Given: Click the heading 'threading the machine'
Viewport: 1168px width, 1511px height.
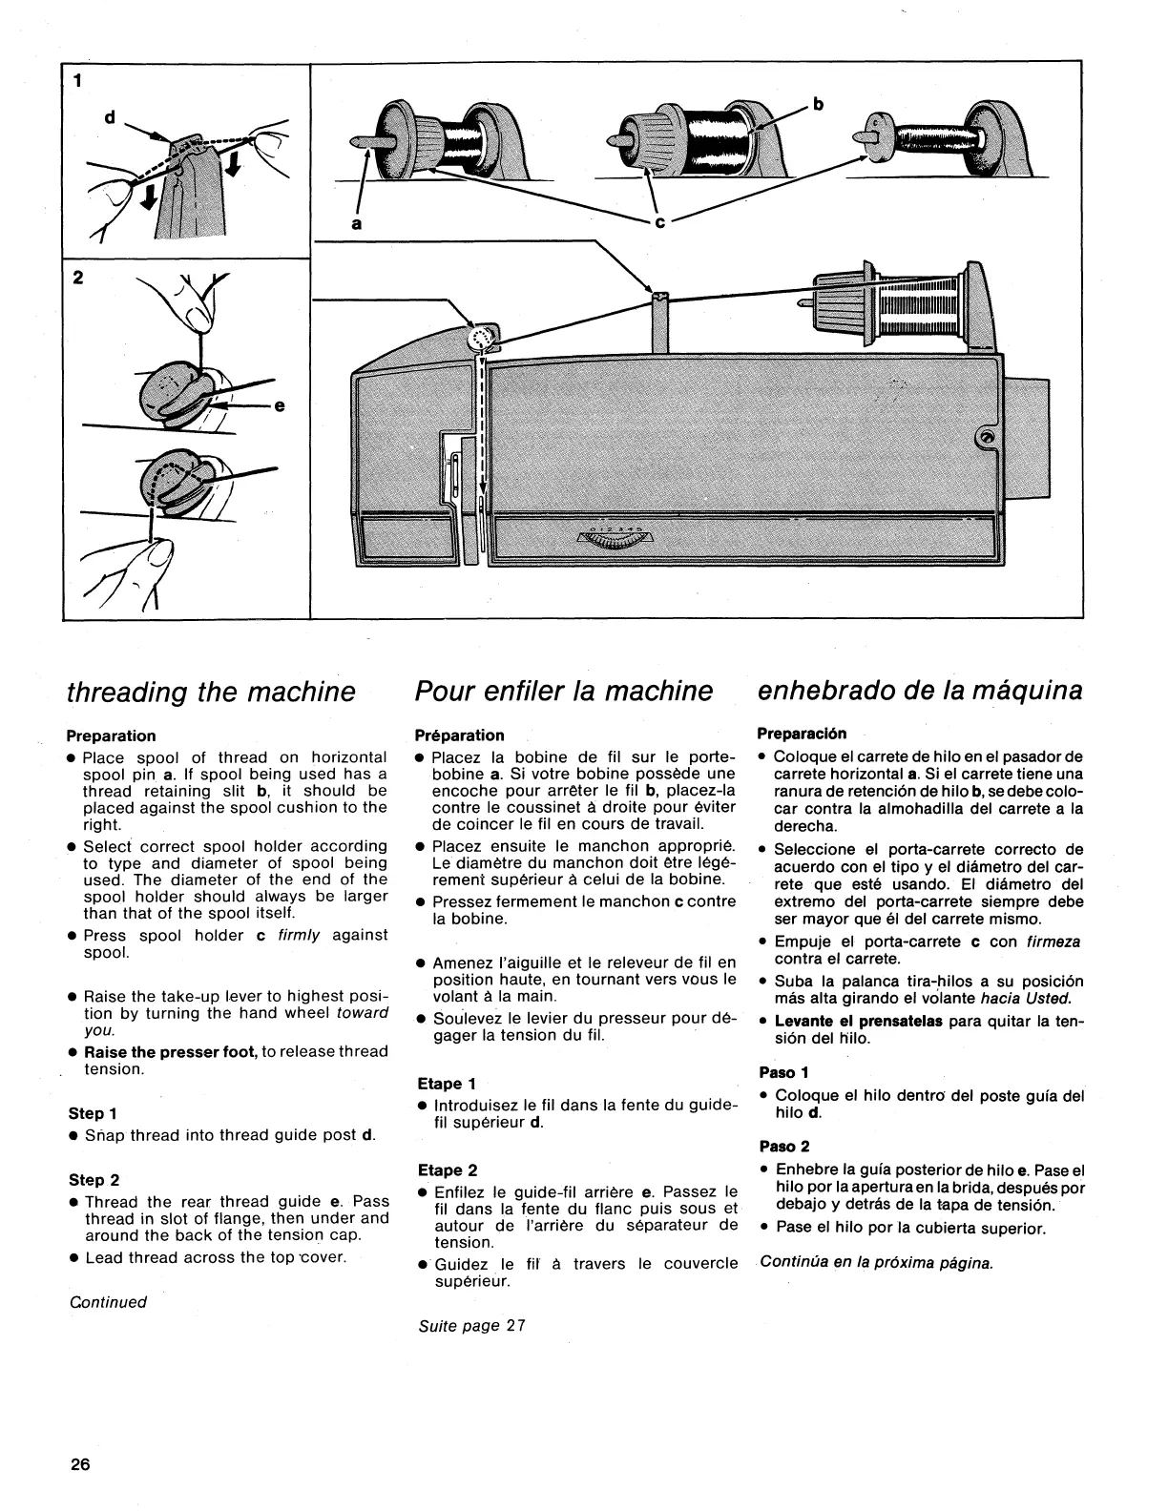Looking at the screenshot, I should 210,692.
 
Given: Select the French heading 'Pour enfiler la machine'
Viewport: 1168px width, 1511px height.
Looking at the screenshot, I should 564,692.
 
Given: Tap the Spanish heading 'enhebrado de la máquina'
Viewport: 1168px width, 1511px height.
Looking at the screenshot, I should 920,691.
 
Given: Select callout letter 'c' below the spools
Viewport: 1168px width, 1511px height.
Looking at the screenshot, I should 659,225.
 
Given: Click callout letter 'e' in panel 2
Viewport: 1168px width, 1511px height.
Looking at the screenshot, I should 279,406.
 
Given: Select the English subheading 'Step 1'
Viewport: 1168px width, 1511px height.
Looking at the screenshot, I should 92,1113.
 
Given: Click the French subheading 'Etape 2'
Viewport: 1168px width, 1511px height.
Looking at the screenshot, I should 447,1170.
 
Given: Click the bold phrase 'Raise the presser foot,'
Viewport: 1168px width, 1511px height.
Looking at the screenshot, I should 171,1051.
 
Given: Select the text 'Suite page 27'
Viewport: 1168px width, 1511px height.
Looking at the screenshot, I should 471,1326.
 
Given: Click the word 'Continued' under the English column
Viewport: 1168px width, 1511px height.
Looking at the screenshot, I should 108,1302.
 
